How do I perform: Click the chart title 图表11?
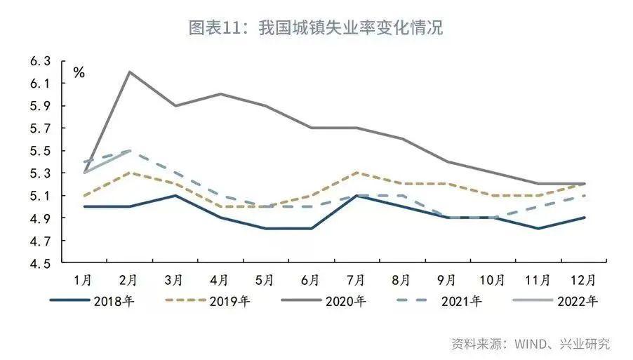(x=316, y=29)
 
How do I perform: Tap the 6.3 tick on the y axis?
(x=41, y=62)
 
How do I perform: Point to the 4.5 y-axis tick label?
(x=41, y=264)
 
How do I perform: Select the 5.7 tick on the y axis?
(x=41, y=129)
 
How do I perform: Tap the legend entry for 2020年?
(x=345, y=302)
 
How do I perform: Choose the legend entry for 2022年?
(x=577, y=302)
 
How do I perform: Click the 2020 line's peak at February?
(x=129, y=72)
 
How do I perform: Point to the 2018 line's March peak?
(x=174, y=195)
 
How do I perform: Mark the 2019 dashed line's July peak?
(x=356, y=173)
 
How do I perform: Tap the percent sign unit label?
(x=79, y=72)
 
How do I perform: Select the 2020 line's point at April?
(x=220, y=94)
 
